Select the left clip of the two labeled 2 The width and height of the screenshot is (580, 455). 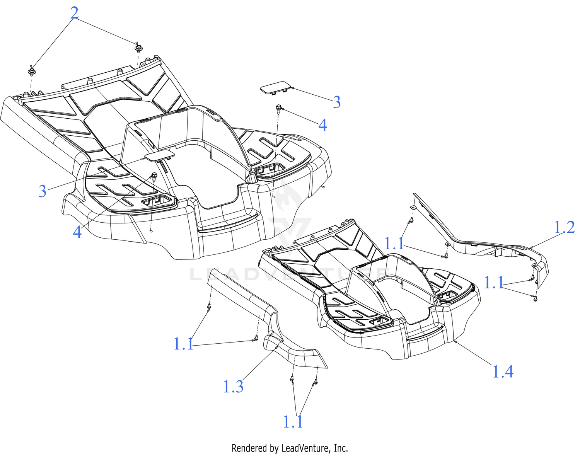(32, 71)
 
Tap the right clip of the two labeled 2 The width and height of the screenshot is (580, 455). (138, 48)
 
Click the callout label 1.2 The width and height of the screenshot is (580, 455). (564, 227)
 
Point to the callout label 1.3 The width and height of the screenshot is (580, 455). (233, 387)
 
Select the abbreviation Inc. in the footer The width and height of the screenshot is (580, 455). (341, 448)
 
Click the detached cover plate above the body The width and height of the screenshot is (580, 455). (276, 87)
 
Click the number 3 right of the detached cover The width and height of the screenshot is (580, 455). (337, 102)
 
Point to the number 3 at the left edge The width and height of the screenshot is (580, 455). (43, 191)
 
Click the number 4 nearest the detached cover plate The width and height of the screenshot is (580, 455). (323, 125)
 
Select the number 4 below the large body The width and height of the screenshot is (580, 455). (77, 232)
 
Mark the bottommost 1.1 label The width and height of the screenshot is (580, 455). (293, 422)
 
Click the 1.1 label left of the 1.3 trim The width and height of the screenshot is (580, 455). (183, 344)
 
